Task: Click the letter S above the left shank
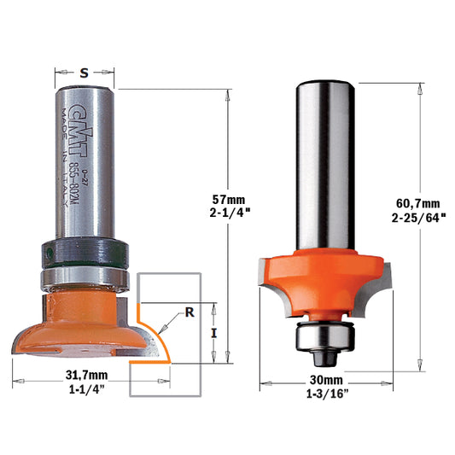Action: coord(83,73)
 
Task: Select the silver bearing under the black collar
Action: coord(83,276)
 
